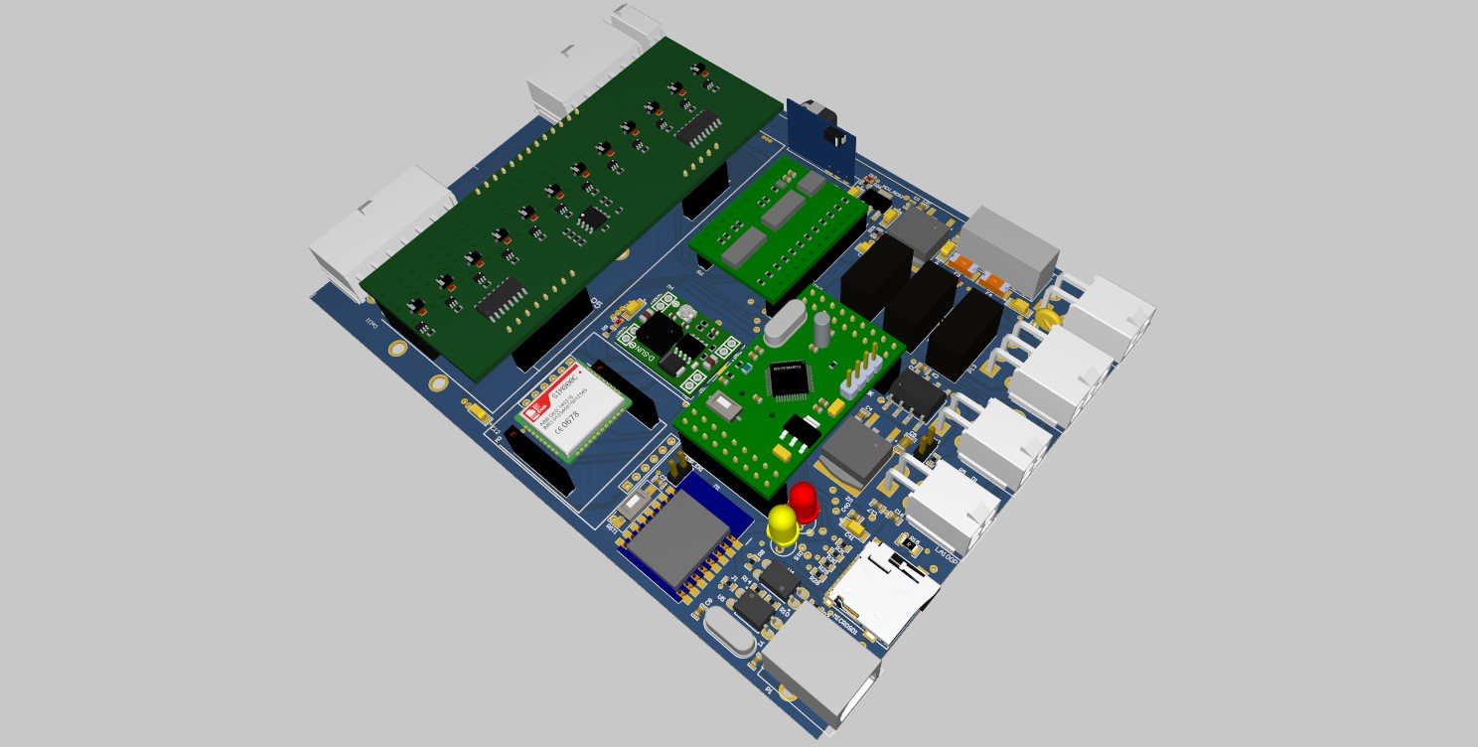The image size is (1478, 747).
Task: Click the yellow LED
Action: (783, 523)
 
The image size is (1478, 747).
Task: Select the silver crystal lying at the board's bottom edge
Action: (732, 632)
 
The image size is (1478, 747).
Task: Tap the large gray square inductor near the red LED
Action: (857, 452)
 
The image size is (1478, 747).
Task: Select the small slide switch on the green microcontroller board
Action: (725, 403)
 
